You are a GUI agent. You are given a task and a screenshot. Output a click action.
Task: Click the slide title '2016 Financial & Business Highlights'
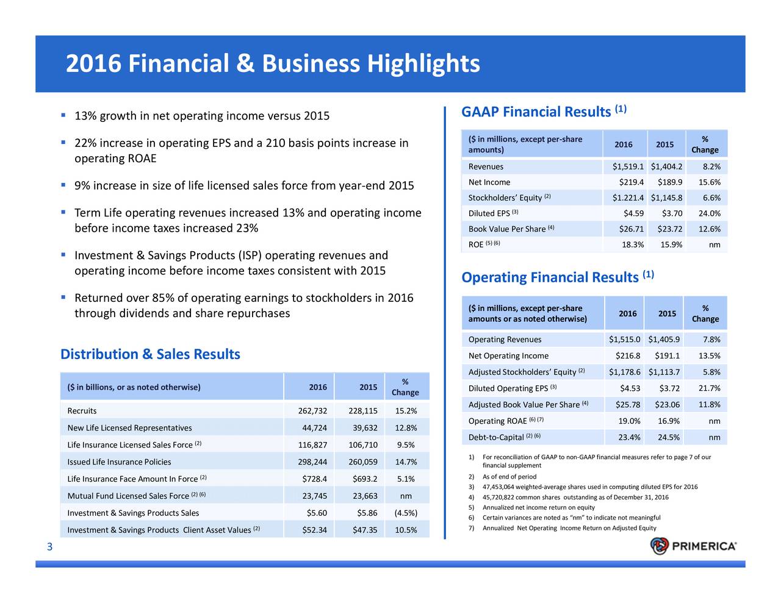tap(273, 64)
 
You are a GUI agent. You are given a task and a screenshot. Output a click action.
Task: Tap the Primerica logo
tap(694, 546)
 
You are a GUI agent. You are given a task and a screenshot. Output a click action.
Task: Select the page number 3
tap(50, 548)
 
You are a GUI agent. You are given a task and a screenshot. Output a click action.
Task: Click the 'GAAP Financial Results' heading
tap(536, 112)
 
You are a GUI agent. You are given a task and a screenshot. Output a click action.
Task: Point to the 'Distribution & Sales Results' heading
tap(150, 355)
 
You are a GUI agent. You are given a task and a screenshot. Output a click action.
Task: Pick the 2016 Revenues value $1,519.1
tap(628, 167)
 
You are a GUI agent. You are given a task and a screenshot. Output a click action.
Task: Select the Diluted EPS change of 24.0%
tap(709, 213)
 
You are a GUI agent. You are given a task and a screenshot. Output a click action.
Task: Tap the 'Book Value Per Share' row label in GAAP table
tap(506, 229)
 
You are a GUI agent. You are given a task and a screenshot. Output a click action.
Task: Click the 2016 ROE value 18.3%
tap(633, 245)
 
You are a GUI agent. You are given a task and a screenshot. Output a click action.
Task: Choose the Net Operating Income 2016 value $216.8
tap(628, 356)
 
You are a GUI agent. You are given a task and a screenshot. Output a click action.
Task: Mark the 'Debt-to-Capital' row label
tap(496, 438)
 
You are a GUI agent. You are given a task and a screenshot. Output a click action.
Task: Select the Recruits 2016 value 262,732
tap(312, 411)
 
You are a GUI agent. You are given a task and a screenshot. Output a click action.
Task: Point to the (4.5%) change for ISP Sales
tap(406, 513)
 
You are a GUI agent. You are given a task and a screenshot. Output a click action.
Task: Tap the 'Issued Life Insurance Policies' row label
tap(119, 462)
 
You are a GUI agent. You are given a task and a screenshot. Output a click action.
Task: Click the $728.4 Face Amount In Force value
tap(314, 479)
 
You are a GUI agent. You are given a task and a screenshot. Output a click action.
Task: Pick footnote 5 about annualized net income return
tap(538, 507)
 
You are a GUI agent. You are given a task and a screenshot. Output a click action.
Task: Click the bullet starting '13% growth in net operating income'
tap(201, 116)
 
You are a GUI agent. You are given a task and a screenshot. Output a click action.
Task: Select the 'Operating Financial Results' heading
tap(550, 278)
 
